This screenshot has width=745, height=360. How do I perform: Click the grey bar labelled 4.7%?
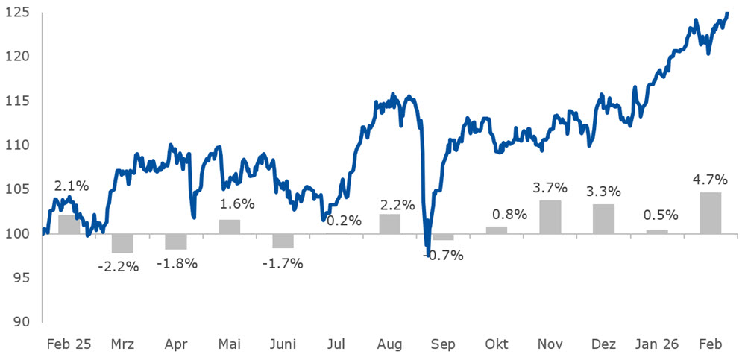(x=710, y=213)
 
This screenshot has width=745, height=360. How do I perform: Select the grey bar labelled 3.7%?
(x=550, y=217)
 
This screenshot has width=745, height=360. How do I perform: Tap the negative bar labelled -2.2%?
(x=122, y=243)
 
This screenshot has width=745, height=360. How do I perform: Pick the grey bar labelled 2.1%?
(x=69, y=224)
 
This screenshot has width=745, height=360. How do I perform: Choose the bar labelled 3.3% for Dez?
(x=603, y=218)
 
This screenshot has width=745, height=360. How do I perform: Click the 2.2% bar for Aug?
(x=389, y=224)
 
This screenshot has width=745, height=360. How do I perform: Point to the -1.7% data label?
(x=283, y=263)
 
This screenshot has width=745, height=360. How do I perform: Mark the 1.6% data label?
(x=237, y=204)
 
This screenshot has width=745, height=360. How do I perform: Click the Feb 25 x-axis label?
(x=69, y=344)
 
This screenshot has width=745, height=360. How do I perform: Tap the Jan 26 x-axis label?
(x=656, y=344)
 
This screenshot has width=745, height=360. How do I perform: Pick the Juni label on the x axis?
(x=283, y=344)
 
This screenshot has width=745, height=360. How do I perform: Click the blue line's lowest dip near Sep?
(x=427, y=254)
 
